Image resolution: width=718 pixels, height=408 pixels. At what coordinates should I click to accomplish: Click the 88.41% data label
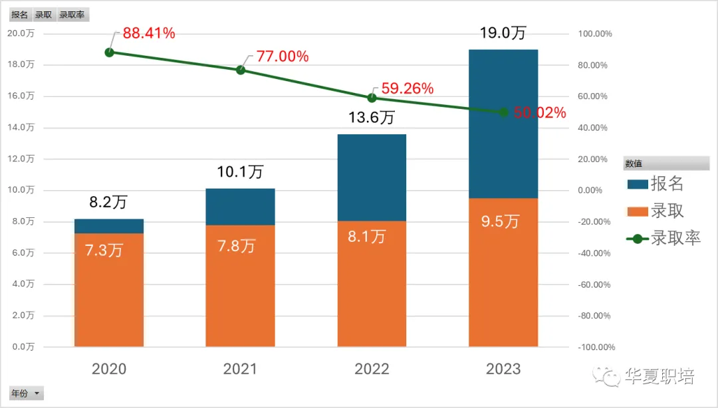click(x=149, y=33)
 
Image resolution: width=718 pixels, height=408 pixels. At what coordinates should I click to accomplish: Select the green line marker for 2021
click(x=241, y=70)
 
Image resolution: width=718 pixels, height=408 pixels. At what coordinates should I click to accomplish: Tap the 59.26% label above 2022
click(x=407, y=88)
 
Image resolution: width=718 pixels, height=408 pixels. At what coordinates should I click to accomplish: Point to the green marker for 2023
click(x=503, y=112)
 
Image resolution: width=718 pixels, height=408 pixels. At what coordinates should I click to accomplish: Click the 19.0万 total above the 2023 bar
click(x=503, y=33)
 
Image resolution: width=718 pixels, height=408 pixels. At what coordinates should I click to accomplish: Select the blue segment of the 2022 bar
click(x=372, y=177)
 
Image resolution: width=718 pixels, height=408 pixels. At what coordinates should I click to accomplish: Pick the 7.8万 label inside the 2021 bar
click(x=237, y=246)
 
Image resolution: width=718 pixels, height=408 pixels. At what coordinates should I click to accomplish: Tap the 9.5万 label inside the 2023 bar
click(x=500, y=221)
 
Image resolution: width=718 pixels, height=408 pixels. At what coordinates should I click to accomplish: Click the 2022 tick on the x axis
click(x=372, y=369)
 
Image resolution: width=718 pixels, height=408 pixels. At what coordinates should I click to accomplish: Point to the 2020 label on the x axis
click(x=109, y=369)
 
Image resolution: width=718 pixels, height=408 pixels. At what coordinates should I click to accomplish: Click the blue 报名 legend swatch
click(x=636, y=184)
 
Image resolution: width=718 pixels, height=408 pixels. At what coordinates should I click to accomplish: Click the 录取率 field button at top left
click(x=72, y=15)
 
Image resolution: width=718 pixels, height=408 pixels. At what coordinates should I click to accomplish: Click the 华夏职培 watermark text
click(x=659, y=377)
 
